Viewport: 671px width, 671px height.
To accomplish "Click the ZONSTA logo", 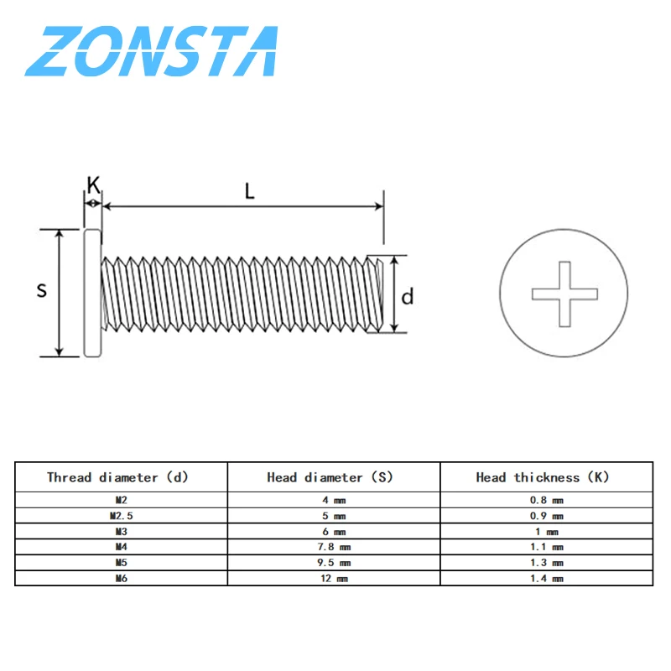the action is point(151,52).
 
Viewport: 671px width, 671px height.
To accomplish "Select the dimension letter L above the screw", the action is point(249,190).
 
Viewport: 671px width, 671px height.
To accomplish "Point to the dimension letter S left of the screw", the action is point(41,291).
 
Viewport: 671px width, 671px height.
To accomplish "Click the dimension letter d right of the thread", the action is point(407,296).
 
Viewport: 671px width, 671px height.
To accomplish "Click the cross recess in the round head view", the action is point(564,293).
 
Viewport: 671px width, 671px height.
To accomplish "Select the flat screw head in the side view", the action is point(92,292).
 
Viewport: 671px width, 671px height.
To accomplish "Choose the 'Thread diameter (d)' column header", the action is point(117,477).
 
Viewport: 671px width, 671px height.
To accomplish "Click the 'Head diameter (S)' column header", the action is point(330,477).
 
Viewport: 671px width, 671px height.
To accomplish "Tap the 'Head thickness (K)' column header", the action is point(543,477).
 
